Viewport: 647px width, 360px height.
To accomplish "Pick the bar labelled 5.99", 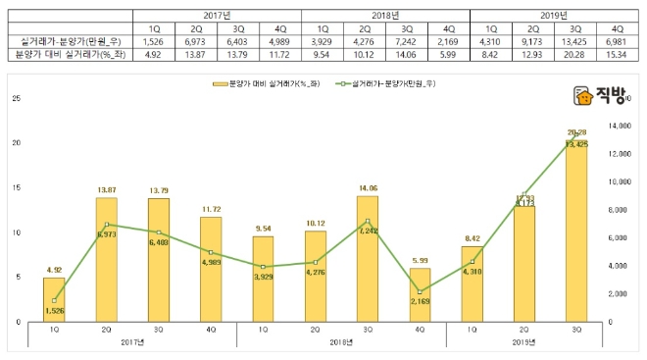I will (x=420, y=294).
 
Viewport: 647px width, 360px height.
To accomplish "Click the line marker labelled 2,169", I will (x=420, y=291).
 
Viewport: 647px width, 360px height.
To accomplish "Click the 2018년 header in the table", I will (x=385, y=17).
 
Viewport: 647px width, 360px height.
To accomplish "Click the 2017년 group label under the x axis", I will (x=131, y=341).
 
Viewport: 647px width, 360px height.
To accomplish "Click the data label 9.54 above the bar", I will (x=265, y=228).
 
